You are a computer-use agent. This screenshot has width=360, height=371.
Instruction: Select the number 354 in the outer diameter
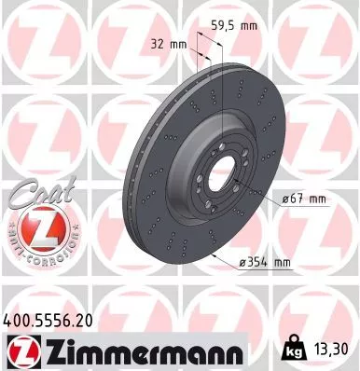coord(265,263)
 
